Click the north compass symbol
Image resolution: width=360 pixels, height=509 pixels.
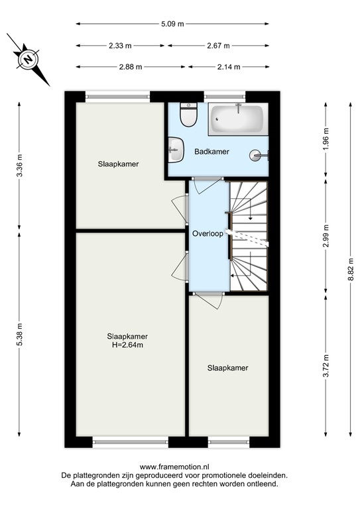29,59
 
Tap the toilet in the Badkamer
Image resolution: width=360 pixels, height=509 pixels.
189,115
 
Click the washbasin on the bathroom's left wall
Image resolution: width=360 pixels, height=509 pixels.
175,148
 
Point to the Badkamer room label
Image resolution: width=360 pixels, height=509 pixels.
211,152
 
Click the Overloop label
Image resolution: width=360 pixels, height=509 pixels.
207,234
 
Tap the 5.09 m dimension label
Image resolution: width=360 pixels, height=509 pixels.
172,24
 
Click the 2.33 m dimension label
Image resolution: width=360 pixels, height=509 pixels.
121,46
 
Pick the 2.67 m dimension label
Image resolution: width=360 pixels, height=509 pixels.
218,46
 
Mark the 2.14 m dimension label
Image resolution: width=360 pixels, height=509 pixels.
228,67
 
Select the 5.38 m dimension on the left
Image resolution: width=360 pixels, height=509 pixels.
19,335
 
